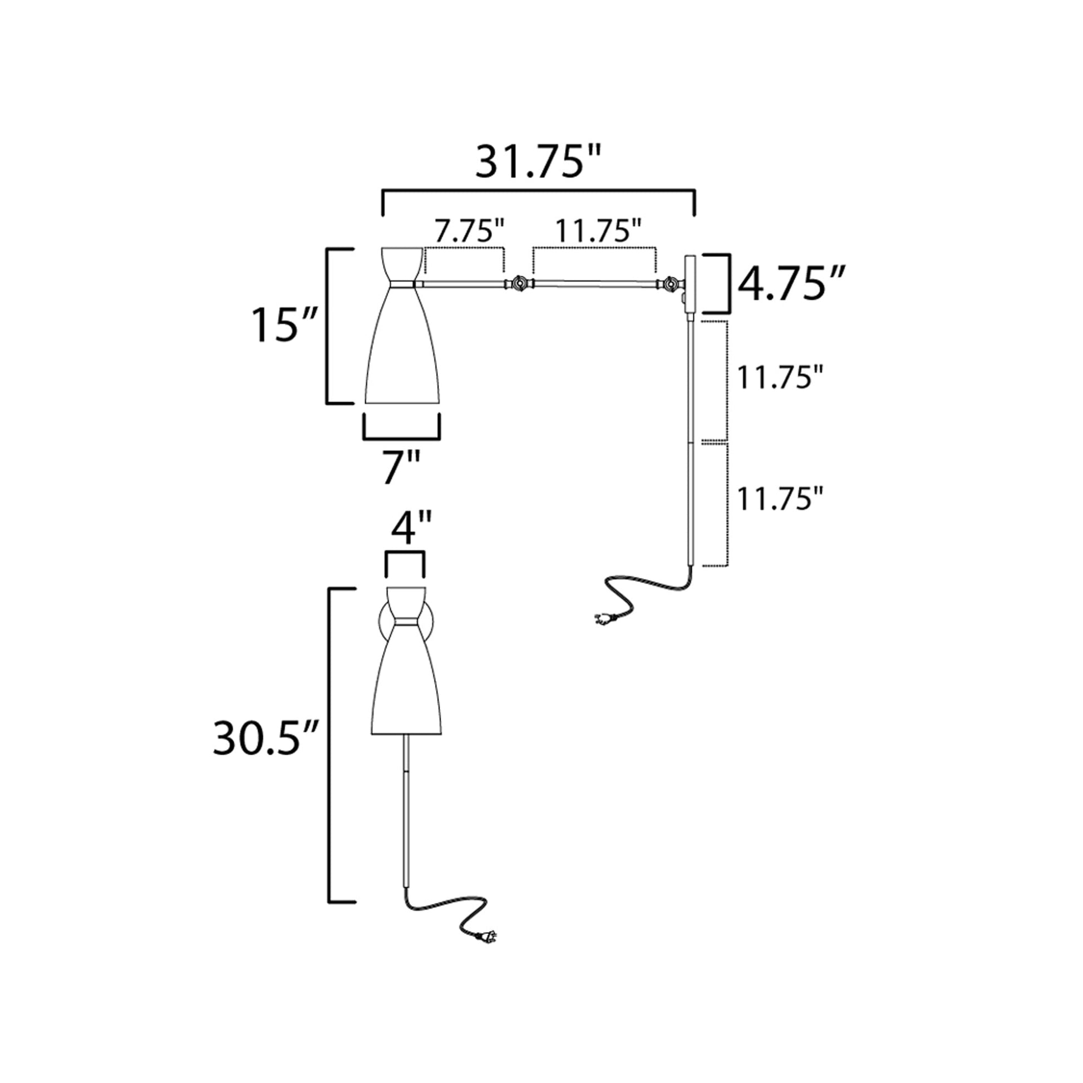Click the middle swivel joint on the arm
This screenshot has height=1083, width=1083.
coord(519,284)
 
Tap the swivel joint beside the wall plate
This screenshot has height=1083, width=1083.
coord(669,285)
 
